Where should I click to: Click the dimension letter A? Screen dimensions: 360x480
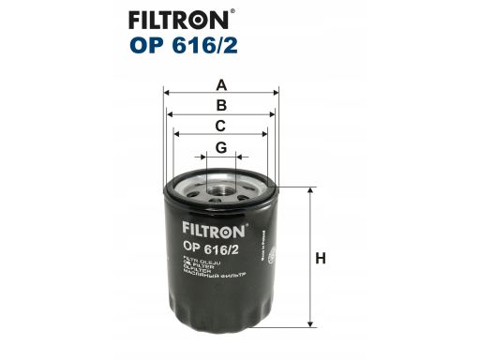[x=221, y=84]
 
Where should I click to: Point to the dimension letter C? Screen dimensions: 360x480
[x=221, y=126]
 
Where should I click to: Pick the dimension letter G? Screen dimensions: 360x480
[x=221, y=147]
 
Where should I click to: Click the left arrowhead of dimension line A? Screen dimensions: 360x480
[x=167, y=93]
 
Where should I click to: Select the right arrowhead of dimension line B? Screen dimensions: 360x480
[x=272, y=113]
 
